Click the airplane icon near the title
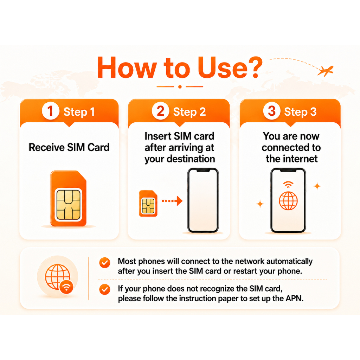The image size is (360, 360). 326,71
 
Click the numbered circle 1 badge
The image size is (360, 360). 51,111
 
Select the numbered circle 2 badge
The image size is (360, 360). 160,111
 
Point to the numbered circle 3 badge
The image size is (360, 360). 272,111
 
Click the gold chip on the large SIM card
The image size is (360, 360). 69,205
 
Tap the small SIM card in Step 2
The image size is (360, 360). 148,204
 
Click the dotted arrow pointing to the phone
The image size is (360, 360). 172,201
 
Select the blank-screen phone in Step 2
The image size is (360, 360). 203,200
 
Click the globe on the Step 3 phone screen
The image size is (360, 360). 288,201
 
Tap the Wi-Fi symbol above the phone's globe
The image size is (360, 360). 288,184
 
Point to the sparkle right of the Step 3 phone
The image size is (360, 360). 317,186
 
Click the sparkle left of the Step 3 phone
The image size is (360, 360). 260,204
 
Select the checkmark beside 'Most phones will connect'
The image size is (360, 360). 105,262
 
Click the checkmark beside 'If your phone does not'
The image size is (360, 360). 105,290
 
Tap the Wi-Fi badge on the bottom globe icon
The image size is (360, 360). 66,287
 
